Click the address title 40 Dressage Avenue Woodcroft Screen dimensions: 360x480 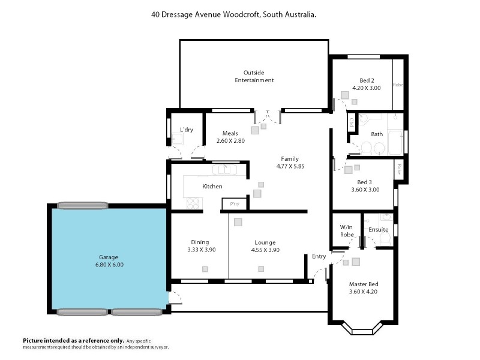(234, 13)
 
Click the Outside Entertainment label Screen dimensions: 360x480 (254, 76)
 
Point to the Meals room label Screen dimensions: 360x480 (230, 133)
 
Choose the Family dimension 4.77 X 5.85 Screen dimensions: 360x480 (290, 166)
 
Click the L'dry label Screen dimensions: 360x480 (186, 130)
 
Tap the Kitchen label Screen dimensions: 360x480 (212, 187)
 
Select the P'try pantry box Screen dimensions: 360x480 (234, 204)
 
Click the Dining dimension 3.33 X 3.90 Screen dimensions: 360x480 (201, 250)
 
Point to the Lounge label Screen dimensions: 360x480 (265, 242)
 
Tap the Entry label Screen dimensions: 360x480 (319, 257)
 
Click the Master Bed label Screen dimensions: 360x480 (363, 284)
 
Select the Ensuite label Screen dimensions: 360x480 (378, 230)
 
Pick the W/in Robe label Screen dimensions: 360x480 (346, 231)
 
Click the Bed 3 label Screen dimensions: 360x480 (365, 182)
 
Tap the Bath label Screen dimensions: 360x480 (377, 134)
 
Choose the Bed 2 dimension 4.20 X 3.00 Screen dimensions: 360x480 (367, 88)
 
